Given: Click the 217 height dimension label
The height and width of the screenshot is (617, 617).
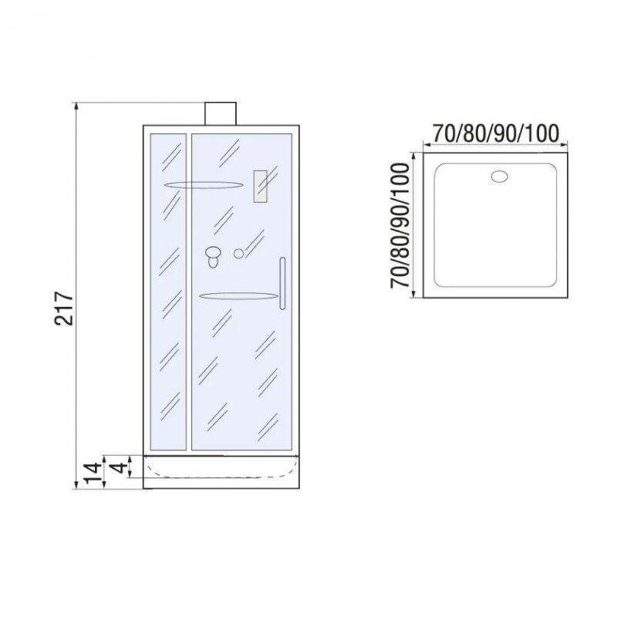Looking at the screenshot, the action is (64, 308).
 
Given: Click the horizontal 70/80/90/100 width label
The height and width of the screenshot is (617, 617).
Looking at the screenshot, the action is (495, 133).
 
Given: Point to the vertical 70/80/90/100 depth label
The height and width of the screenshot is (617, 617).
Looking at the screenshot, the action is (400, 225).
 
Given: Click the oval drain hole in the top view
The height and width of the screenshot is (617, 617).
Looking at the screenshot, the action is (499, 177).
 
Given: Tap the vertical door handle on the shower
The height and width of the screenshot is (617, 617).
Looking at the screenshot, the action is (282, 283).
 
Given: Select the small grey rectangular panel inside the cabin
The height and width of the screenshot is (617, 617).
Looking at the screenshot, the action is (260, 187).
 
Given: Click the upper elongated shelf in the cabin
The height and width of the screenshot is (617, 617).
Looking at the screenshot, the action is (203, 185).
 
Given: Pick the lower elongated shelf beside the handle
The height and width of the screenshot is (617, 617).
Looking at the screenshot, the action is (238, 296).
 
